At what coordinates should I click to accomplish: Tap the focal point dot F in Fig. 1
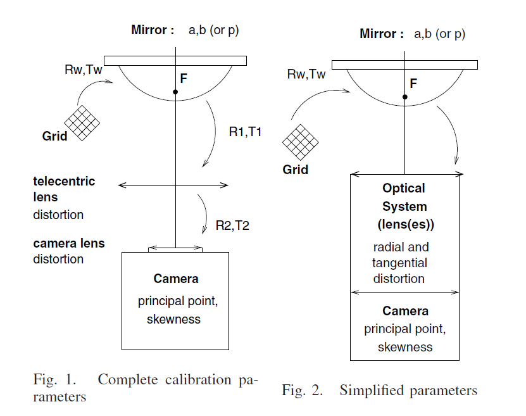[x=175, y=92]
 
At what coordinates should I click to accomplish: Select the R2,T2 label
[x=232, y=225]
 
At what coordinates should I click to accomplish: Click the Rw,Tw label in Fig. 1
[x=84, y=70]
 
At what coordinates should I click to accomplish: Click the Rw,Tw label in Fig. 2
[x=306, y=75]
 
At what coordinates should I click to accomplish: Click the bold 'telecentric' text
[x=64, y=181]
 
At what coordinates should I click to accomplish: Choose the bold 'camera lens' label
[x=68, y=243]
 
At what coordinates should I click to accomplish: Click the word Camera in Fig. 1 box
[x=175, y=279]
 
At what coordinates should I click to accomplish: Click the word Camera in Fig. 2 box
[x=405, y=311]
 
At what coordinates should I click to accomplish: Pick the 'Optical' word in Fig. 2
[x=404, y=188]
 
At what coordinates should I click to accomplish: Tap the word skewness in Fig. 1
[x=173, y=319]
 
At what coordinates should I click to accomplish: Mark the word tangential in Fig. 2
[x=399, y=263]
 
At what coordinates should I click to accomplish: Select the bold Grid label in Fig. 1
[x=54, y=136]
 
